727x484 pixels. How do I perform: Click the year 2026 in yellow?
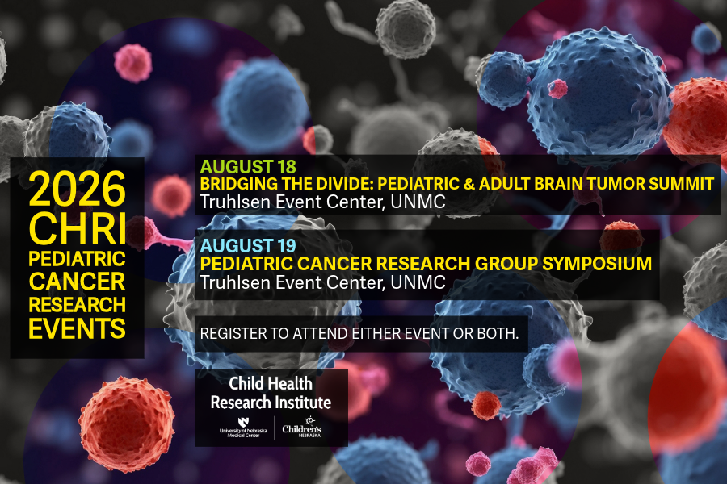pyautogui.click(x=78, y=188)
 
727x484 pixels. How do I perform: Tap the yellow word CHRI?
pyautogui.click(x=78, y=228)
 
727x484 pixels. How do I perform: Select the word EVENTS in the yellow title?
pyautogui.click(x=77, y=328)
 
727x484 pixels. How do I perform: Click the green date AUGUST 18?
pyautogui.click(x=248, y=167)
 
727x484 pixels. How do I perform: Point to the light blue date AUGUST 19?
pyautogui.click(x=248, y=245)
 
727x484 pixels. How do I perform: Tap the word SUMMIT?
pyautogui.click(x=681, y=184)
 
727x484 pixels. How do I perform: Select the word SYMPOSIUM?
pyautogui.click(x=597, y=264)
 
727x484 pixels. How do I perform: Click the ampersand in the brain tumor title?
pyautogui.click(x=469, y=184)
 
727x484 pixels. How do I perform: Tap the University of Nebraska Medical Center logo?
pyautogui.click(x=243, y=428)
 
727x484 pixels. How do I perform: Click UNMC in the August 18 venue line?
pyautogui.click(x=418, y=202)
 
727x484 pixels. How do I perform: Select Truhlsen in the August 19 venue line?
pyautogui.click(x=235, y=282)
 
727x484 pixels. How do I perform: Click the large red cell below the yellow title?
pyautogui.click(x=127, y=423)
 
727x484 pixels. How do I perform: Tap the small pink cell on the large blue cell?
pyautogui.click(x=557, y=89)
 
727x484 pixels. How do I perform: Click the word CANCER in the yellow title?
pyautogui.click(x=77, y=282)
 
